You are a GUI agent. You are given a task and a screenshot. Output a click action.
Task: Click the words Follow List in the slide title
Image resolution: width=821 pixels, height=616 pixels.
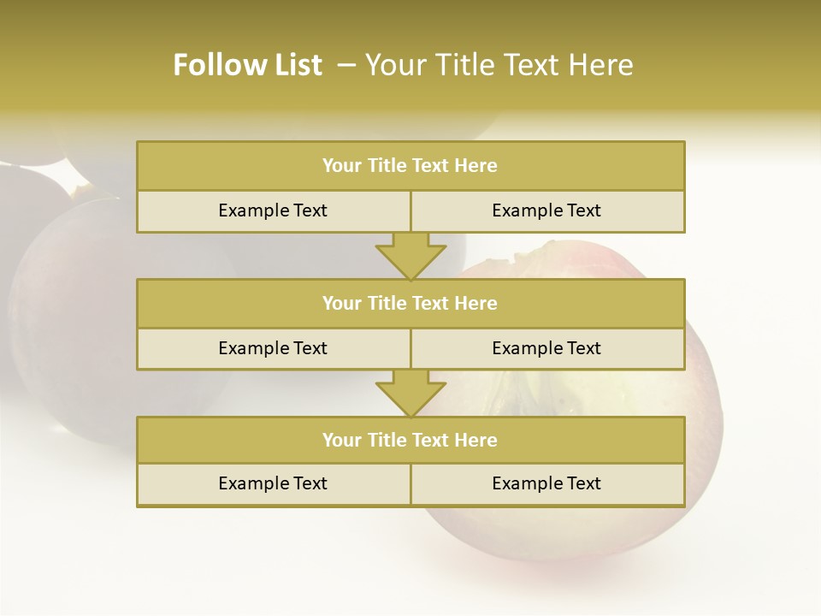tap(247, 65)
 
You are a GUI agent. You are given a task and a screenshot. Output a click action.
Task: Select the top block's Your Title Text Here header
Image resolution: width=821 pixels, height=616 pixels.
tap(410, 166)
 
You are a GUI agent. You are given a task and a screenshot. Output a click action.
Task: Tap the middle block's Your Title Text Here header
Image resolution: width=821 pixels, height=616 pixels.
tap(410, 303)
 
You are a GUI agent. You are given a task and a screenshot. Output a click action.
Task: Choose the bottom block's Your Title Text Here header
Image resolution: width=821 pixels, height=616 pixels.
tap(410, 440)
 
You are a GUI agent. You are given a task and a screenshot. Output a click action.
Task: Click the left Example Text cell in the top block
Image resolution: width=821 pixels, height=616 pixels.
tap(273, 210)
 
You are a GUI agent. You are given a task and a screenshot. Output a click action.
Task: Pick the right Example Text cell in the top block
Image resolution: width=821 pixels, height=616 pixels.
tap(546, 210)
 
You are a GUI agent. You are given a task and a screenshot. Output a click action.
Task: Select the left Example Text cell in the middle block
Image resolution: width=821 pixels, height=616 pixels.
tap(273, 348)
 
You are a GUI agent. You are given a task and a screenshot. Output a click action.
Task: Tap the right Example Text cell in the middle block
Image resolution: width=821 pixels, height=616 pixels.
tap(546, 348)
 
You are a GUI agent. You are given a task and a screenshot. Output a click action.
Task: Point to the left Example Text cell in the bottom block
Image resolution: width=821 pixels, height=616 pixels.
tap(273, 483)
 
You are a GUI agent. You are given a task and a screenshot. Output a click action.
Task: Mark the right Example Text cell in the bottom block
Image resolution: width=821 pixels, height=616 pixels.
tap(546, 483)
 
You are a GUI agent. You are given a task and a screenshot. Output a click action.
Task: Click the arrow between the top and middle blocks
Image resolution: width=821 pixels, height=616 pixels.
tap(410, 256)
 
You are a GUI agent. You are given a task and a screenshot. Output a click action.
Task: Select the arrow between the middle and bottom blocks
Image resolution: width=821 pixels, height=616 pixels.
tap(410, 394)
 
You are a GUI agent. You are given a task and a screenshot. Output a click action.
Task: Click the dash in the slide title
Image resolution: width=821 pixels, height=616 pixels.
tap(346, 65)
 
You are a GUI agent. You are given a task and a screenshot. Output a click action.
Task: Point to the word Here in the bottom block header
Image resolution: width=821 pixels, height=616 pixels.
tap(476, 440)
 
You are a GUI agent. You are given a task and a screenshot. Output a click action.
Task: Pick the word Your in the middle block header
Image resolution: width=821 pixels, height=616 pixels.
tap(341, 303)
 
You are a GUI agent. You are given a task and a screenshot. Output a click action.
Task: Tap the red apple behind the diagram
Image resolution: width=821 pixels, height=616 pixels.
tap(701, 411)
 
